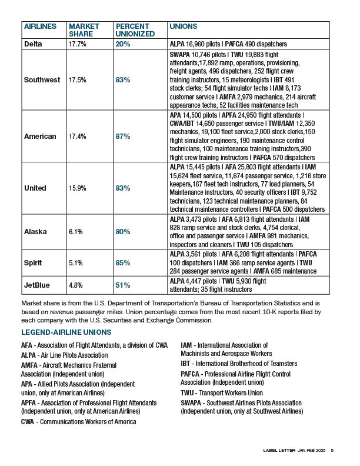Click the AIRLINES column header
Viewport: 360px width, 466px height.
click(41, 26)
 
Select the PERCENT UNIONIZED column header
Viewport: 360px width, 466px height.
click(135, 31)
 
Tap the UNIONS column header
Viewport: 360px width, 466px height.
click(183, 26)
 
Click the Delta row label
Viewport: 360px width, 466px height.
click(34, 44)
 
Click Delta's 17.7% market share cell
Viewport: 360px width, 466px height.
click(78, 44)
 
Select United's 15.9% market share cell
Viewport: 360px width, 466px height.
click(78, 188)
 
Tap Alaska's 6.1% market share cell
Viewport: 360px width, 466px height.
click(75, 232)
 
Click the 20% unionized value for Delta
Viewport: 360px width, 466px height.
click(122, 44)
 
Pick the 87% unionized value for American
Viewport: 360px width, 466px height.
click(123, 137)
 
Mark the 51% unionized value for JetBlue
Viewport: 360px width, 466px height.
click(122, 285)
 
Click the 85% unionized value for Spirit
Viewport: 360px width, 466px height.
click(122, 263)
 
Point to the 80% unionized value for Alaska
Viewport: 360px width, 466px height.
click(122, 232)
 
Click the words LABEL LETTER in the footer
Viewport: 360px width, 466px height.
click(278, 451)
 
